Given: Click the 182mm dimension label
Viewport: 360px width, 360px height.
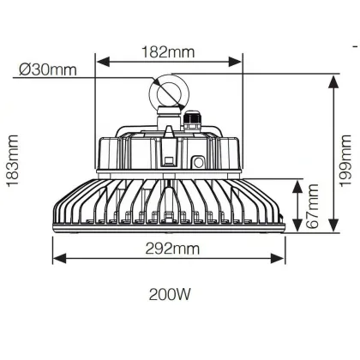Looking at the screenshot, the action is [168, 51].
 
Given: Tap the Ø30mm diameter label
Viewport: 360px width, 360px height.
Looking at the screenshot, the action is [48, 69].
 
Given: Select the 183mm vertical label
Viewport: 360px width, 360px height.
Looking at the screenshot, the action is [12, 160].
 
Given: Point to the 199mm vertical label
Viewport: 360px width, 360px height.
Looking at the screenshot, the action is [345, 160].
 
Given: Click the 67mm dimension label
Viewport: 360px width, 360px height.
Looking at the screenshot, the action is [312, 206].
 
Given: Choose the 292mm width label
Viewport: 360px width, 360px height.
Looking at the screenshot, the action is [172, 249].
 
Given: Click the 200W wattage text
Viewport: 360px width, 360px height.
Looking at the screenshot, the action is [170, 294].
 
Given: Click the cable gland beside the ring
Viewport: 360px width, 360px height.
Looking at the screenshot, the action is [192, 122].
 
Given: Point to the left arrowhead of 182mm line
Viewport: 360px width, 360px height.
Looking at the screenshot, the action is [103, 62].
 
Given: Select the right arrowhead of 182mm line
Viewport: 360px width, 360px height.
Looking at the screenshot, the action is [235, 62].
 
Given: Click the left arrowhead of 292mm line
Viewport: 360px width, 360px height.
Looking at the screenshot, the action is [60, 258].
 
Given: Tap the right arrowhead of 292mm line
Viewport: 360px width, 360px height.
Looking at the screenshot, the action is [277, 258].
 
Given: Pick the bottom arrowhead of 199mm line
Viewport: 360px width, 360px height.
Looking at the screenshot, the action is [333, 225].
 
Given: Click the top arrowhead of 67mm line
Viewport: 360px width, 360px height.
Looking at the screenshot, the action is [297, 187].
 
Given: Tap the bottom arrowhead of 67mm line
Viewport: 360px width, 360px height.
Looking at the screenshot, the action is [297, 225].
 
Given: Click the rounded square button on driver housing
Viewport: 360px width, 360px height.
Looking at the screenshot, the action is [198, 163].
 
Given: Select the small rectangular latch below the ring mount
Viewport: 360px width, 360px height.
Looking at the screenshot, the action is [169, 160].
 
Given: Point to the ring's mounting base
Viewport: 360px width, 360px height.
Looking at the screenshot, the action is [169, 116].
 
